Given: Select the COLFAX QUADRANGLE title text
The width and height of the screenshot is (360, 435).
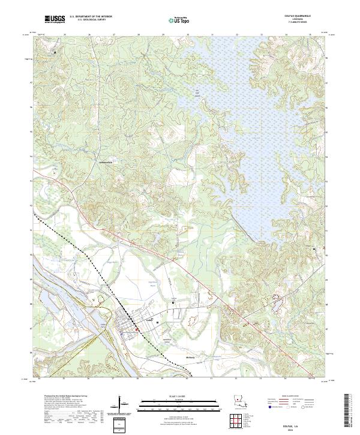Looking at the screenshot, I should (296, 16).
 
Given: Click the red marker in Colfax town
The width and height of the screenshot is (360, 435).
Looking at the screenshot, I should (137, 329).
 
